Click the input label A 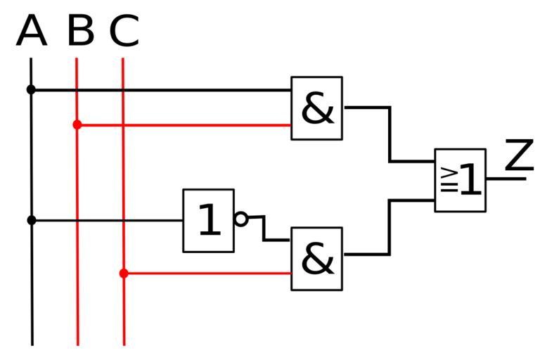pos(32,32)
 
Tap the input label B pos(81,32)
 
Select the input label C pos(124,32)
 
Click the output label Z pos(520,155)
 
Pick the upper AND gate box pos(317,108)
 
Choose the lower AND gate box pos(317,258)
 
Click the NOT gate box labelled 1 pos(209,220)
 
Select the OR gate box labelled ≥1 pos(461,180)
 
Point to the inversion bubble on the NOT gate pos(241,219)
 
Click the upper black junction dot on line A pos(31,89)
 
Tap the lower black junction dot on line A pos(31,220)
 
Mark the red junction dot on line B pos(77,124)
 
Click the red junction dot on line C pos(124,273)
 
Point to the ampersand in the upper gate pos(317,109)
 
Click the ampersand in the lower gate pos(317,259)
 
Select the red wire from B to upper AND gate pos(183,125)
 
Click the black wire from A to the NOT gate pos(105,220)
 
